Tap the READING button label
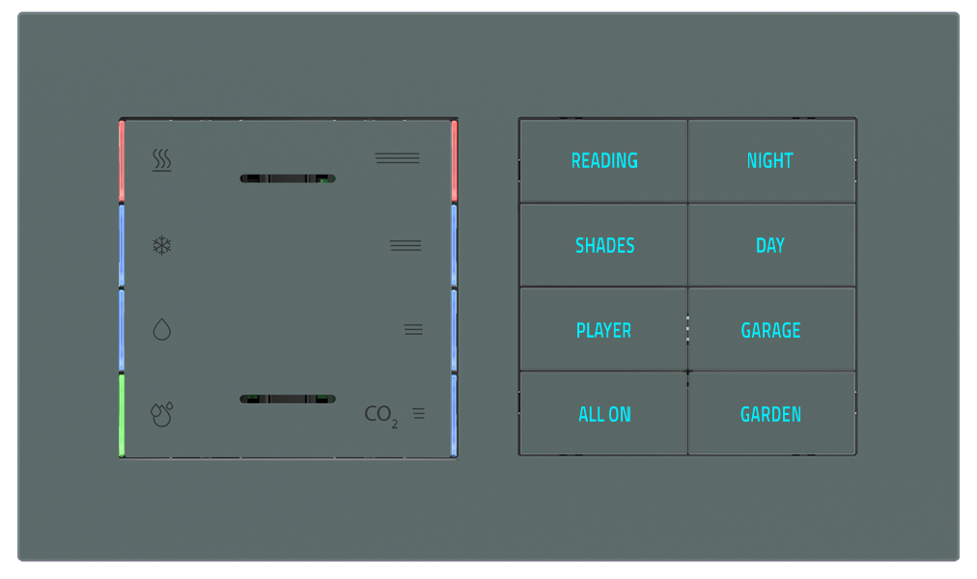(x=604, y=161)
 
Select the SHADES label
(x=604, y=246)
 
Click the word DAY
(x=770, y=246)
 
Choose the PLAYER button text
(x=603, y=331)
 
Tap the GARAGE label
(x=770, y=331)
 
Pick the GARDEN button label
(x=770, y=415)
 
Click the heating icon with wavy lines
(x=162, y=160)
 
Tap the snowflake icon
(x=161, y=245)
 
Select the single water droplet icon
(x=161, y=330)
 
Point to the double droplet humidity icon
(x=161, y=415)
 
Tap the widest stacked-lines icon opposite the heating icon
(x=397, y=158)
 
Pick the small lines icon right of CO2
(x=419, y=414)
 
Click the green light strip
(x=123, y=415)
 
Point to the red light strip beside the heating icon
(x=123, y=161)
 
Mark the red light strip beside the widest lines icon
(x=454, y=161)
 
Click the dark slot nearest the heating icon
(x=287, y=179)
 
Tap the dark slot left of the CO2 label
(x=287, y=399)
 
